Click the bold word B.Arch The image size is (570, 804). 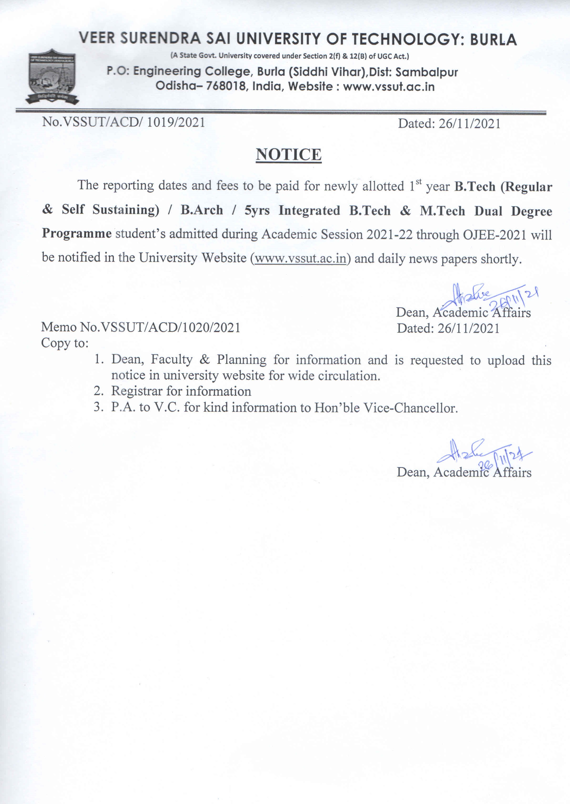202,210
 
